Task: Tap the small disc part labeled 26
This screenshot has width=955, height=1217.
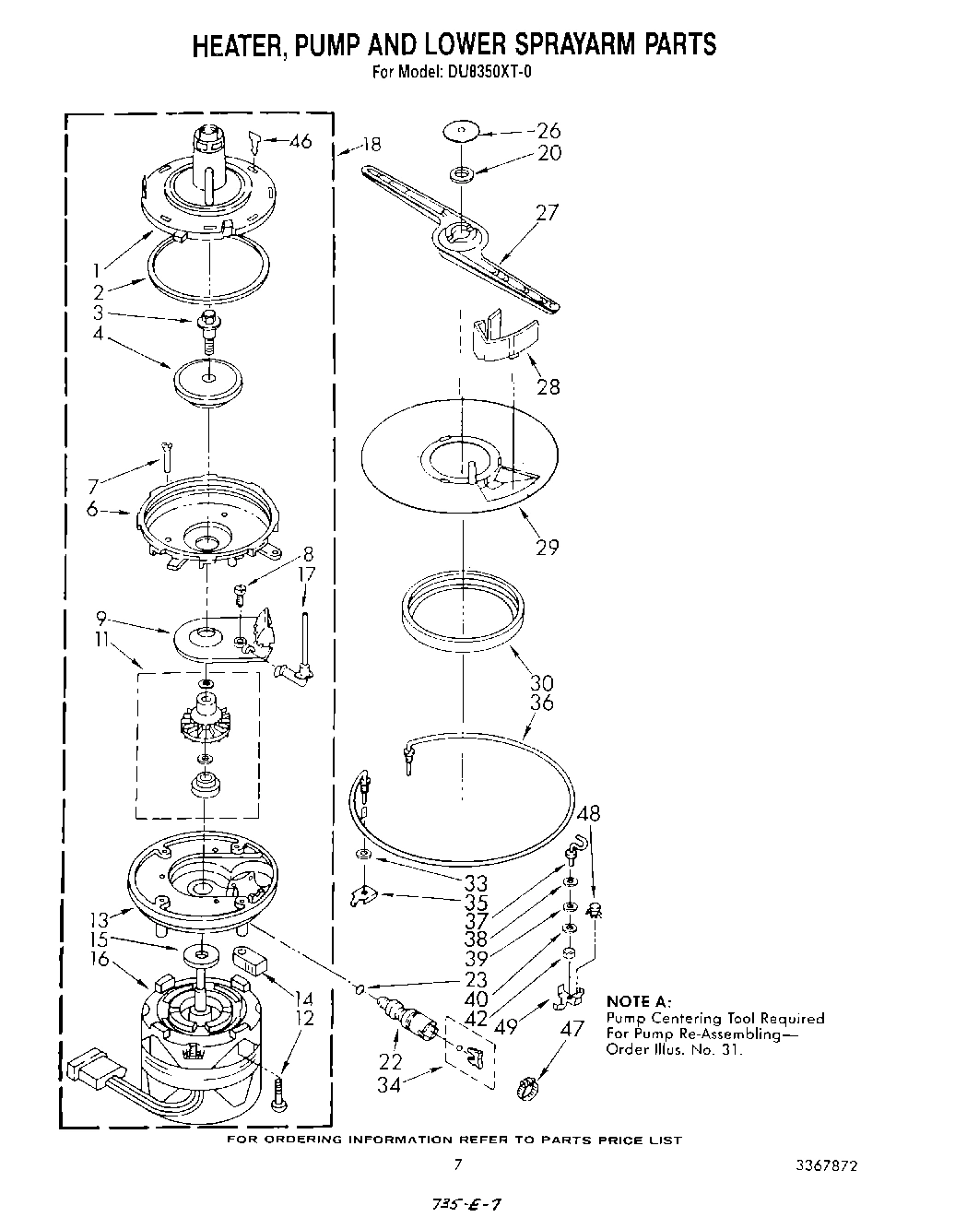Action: point(461,132)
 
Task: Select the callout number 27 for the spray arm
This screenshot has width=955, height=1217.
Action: point(548,213)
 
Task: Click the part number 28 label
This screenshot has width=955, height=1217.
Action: point(548,386)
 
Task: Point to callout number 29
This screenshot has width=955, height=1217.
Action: point(548,547)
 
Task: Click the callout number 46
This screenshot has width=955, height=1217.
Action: point(300,141)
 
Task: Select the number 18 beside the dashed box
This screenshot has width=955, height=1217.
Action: point(371,144)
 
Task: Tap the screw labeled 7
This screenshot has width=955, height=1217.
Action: point(165,456)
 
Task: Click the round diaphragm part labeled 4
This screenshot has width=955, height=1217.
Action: point(207,380)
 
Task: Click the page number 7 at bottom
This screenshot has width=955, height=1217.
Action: point(457,1164)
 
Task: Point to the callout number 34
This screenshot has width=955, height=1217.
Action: point(389,1085)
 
